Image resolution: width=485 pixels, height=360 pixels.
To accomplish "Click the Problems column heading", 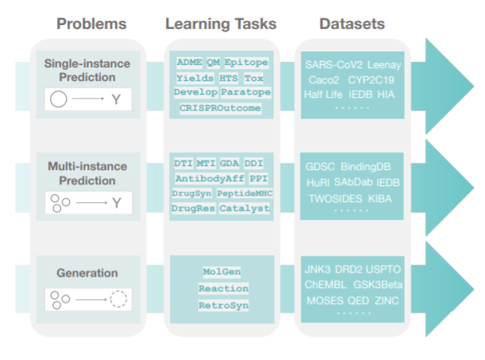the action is (x=91, y=23).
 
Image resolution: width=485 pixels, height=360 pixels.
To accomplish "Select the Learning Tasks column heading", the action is (x=220, y=23).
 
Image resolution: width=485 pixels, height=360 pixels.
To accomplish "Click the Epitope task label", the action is (x=247, y=63).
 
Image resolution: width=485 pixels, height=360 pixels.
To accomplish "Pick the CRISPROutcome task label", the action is (x=220, y=107).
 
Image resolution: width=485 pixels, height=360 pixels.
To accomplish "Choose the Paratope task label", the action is (x=245, y=92).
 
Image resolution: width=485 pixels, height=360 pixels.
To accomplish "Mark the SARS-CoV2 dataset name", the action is (x=332, y=64).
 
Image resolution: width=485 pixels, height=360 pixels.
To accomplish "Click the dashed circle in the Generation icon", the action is (x=119, y=301).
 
